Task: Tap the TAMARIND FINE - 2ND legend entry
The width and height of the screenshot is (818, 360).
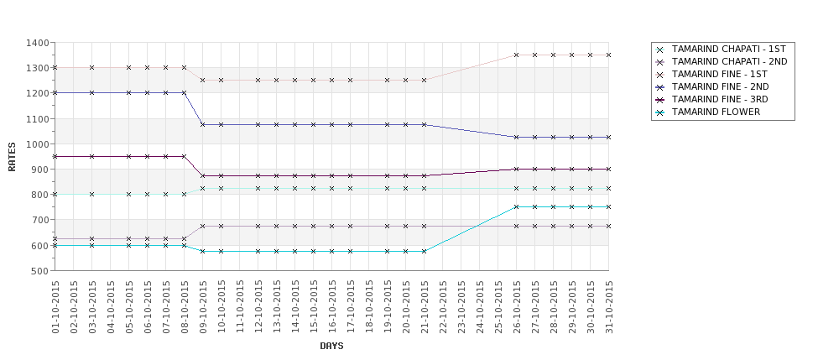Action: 720,87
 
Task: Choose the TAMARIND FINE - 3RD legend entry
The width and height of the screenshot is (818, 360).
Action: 720,99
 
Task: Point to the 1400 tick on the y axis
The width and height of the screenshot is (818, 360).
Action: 37,43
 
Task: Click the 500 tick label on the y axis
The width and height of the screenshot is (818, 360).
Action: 39,271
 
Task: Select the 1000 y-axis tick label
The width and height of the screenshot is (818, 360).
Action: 37,144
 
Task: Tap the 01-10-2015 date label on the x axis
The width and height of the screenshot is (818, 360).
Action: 55,307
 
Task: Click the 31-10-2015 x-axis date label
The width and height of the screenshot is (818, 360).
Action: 609,307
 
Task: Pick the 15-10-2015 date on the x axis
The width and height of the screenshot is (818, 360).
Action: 314,307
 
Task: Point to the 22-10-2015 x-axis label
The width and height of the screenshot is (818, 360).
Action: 443,307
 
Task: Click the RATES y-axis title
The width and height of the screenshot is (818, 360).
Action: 13,156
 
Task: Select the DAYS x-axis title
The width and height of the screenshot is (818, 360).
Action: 331,346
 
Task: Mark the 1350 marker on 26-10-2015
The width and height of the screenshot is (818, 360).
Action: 517,55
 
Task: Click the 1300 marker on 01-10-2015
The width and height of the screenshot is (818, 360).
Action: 55,67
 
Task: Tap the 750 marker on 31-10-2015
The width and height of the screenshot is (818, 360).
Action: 609,206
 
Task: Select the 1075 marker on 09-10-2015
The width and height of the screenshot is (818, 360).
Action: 203,124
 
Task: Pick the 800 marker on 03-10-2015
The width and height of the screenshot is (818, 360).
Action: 92,194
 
